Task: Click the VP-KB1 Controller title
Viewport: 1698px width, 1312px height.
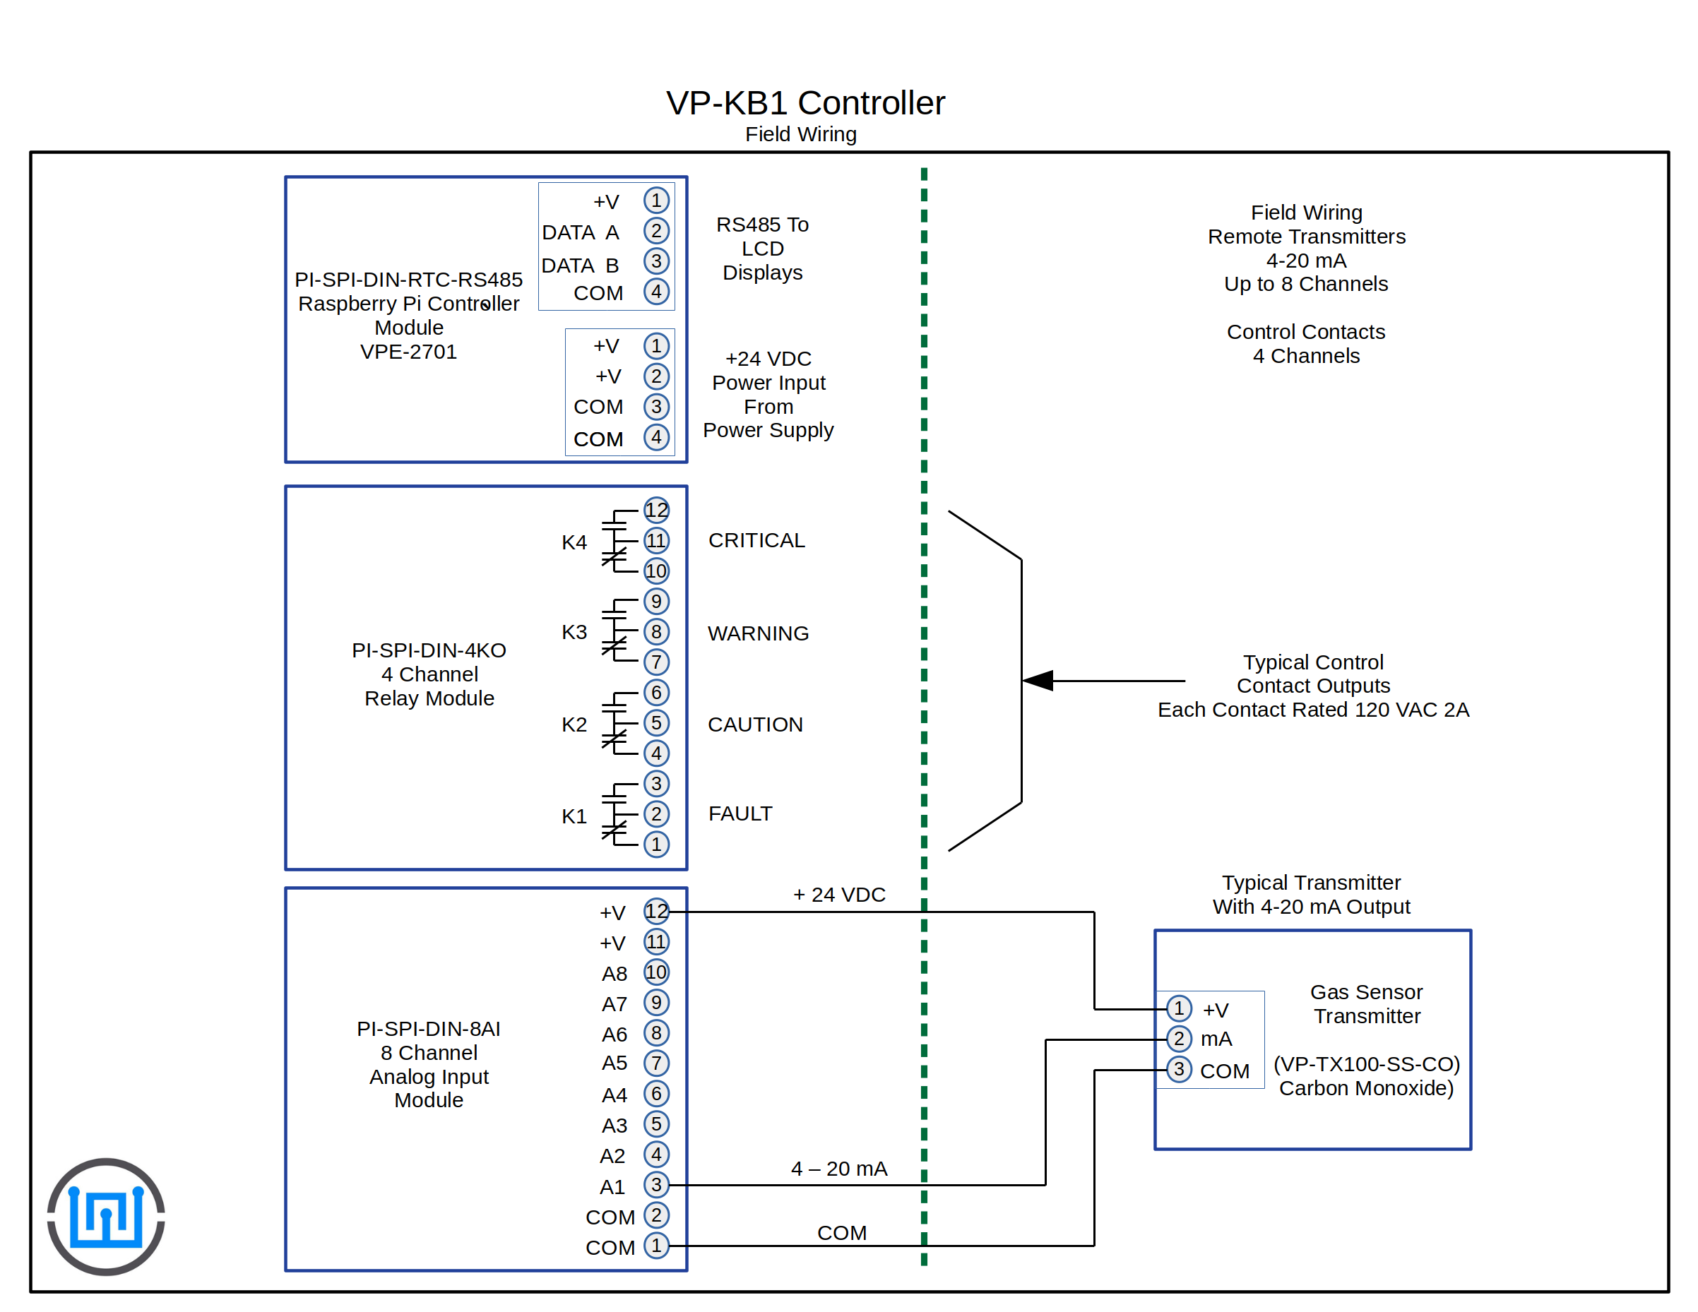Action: [805, 103]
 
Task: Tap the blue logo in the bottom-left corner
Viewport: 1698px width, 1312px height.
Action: [106, 1216]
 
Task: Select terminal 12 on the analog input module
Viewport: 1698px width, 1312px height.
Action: [656, 911]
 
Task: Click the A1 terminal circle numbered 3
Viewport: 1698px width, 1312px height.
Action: [656, 1184]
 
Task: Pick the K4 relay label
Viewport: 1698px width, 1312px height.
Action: [574, 542]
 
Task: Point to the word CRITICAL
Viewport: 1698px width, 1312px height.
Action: [756, 540]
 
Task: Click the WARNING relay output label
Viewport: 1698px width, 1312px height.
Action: [758, 633]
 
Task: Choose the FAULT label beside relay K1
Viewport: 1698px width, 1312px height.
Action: [740, 813]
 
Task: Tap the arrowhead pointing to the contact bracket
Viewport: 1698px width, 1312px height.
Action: [1039, 681]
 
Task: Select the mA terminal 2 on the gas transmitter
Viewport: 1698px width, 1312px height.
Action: [1179, 1039]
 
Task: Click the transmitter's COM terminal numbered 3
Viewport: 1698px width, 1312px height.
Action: [1179, 1070]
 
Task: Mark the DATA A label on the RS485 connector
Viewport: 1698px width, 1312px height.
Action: [580, 232]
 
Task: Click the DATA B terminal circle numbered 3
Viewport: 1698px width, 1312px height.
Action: [656, 261]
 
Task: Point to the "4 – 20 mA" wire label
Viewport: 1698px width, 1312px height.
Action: [839, 1169]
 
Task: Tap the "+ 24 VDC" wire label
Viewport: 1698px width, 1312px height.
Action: [839, 895]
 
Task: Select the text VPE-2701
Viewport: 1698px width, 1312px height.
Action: [408, 352]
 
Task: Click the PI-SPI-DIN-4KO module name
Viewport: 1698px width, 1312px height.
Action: [429, 650]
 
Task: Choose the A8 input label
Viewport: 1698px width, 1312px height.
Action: [615, 974]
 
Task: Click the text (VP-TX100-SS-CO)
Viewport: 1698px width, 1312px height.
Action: [1366, 1064]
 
